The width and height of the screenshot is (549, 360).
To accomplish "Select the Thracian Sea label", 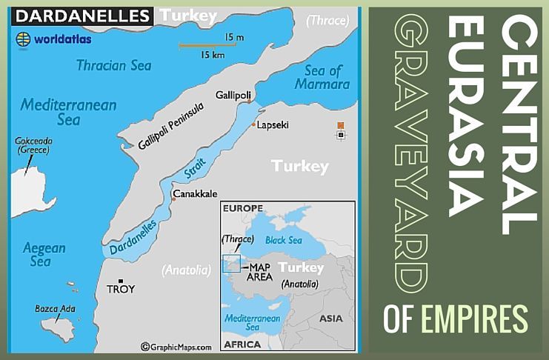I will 113,65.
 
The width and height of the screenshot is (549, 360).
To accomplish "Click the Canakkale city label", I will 196,194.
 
